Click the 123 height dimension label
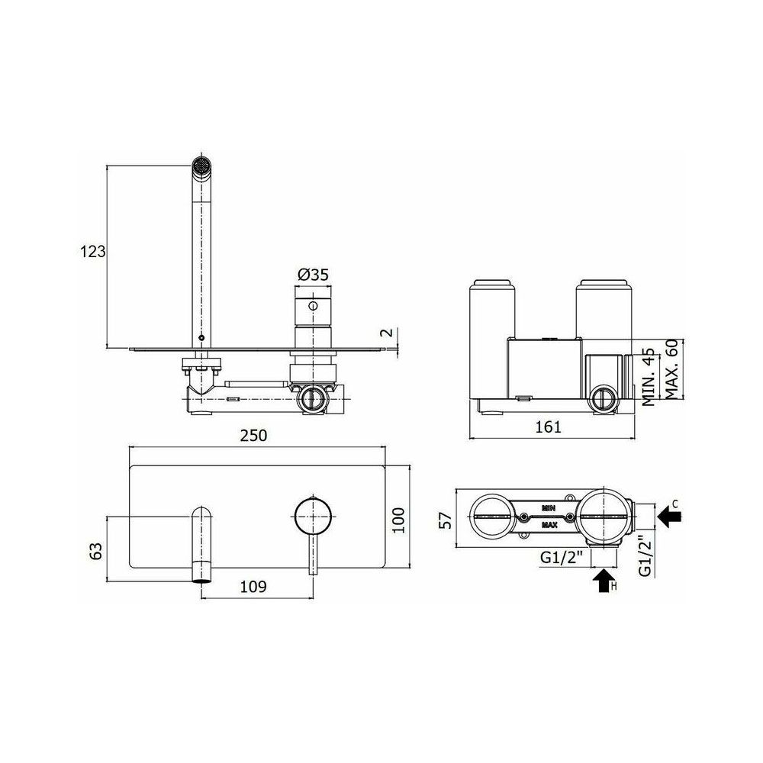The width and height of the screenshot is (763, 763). pos(92,252)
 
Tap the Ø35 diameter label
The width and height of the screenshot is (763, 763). pos(313,275)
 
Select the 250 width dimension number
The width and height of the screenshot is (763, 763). pos(254,435)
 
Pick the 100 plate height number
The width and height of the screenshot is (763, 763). pos(398,520)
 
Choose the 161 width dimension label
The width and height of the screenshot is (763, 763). pos(549,427)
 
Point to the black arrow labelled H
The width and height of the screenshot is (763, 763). pos(603,581)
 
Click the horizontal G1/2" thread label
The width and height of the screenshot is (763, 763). pos(562,558)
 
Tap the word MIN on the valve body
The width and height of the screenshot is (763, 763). pos(549,508)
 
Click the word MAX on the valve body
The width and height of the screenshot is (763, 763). pos(549,526)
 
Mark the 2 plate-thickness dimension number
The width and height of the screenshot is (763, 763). pos(386,333)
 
